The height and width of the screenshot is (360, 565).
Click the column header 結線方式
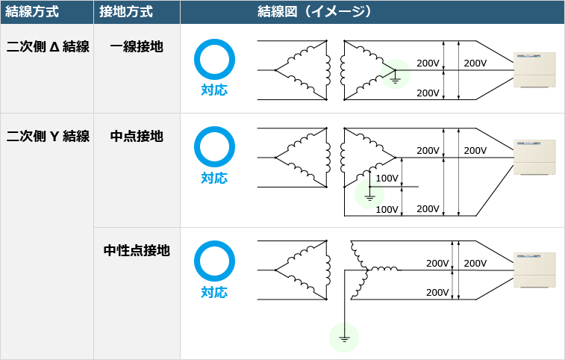click(x=31, y=11)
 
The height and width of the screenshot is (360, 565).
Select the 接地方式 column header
click(x=125, y=11)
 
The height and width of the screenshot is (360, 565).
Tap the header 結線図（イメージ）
click(x=314, y=11)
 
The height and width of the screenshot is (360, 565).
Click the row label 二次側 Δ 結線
click(x=48, y=46)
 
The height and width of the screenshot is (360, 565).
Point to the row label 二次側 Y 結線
click(x=48, y=136)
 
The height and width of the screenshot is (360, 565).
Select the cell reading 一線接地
click(x=137, y=46)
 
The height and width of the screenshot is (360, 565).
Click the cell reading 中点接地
click(x=137, y=136)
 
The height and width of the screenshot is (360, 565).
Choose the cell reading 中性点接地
click(x=137, y=250)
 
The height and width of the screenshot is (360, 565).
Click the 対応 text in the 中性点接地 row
click(x=214, y=292)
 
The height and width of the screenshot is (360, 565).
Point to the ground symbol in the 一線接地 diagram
click(x=396, y=80)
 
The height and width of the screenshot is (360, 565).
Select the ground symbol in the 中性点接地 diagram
click(x=344, y=338)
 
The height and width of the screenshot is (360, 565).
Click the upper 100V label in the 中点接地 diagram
click(x=387, y=179)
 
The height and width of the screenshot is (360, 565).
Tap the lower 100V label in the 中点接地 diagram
click(x=387, y=210)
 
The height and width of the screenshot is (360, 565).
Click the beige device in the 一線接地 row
click(x=534, y=70)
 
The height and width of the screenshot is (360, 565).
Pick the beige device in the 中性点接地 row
click(x=534, y=270)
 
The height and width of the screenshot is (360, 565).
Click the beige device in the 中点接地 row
click(x=534, y=158)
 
